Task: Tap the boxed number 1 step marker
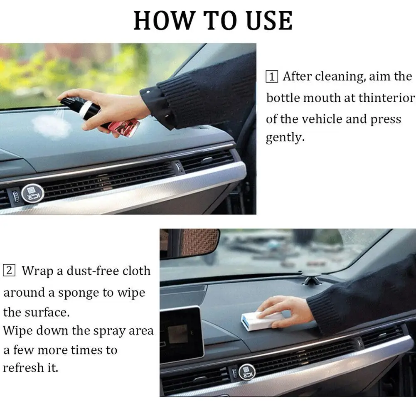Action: [272, 76]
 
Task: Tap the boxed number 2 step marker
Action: [9, 271]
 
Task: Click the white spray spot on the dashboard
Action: [52, 126]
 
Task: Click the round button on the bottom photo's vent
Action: [246, 372]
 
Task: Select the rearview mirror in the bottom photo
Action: [193, 243]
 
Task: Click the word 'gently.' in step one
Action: [285, 138]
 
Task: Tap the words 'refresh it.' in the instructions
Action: [31, 368]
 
